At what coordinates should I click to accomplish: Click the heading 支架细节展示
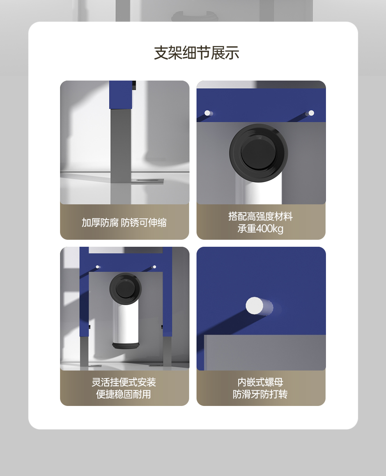click(197, 53)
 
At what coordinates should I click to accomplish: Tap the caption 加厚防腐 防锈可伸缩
click(124, 223)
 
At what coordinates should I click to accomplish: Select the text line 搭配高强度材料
click(260, 216)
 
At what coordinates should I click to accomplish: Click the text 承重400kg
click(260, 228)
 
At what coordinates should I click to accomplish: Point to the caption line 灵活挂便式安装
click(124, 382)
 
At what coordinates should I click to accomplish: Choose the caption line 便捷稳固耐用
click(124, 394)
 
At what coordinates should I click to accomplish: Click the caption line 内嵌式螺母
click(260, 382)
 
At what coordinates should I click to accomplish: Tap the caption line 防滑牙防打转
click(260, 394)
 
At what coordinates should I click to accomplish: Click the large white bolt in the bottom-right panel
click(255, 306)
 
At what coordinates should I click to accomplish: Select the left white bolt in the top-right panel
click(207, 113)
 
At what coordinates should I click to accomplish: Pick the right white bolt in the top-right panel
click(311, 113)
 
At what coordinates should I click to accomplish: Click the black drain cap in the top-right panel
click(259, 153)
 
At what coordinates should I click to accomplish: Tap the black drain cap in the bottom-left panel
click(126, 289)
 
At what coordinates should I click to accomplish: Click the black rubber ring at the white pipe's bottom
click(126, 346)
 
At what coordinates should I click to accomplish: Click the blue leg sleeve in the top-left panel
click(120, 95)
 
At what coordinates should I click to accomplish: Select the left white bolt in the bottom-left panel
click(97, 267)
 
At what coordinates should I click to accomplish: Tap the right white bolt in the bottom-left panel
click(154, 267)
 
